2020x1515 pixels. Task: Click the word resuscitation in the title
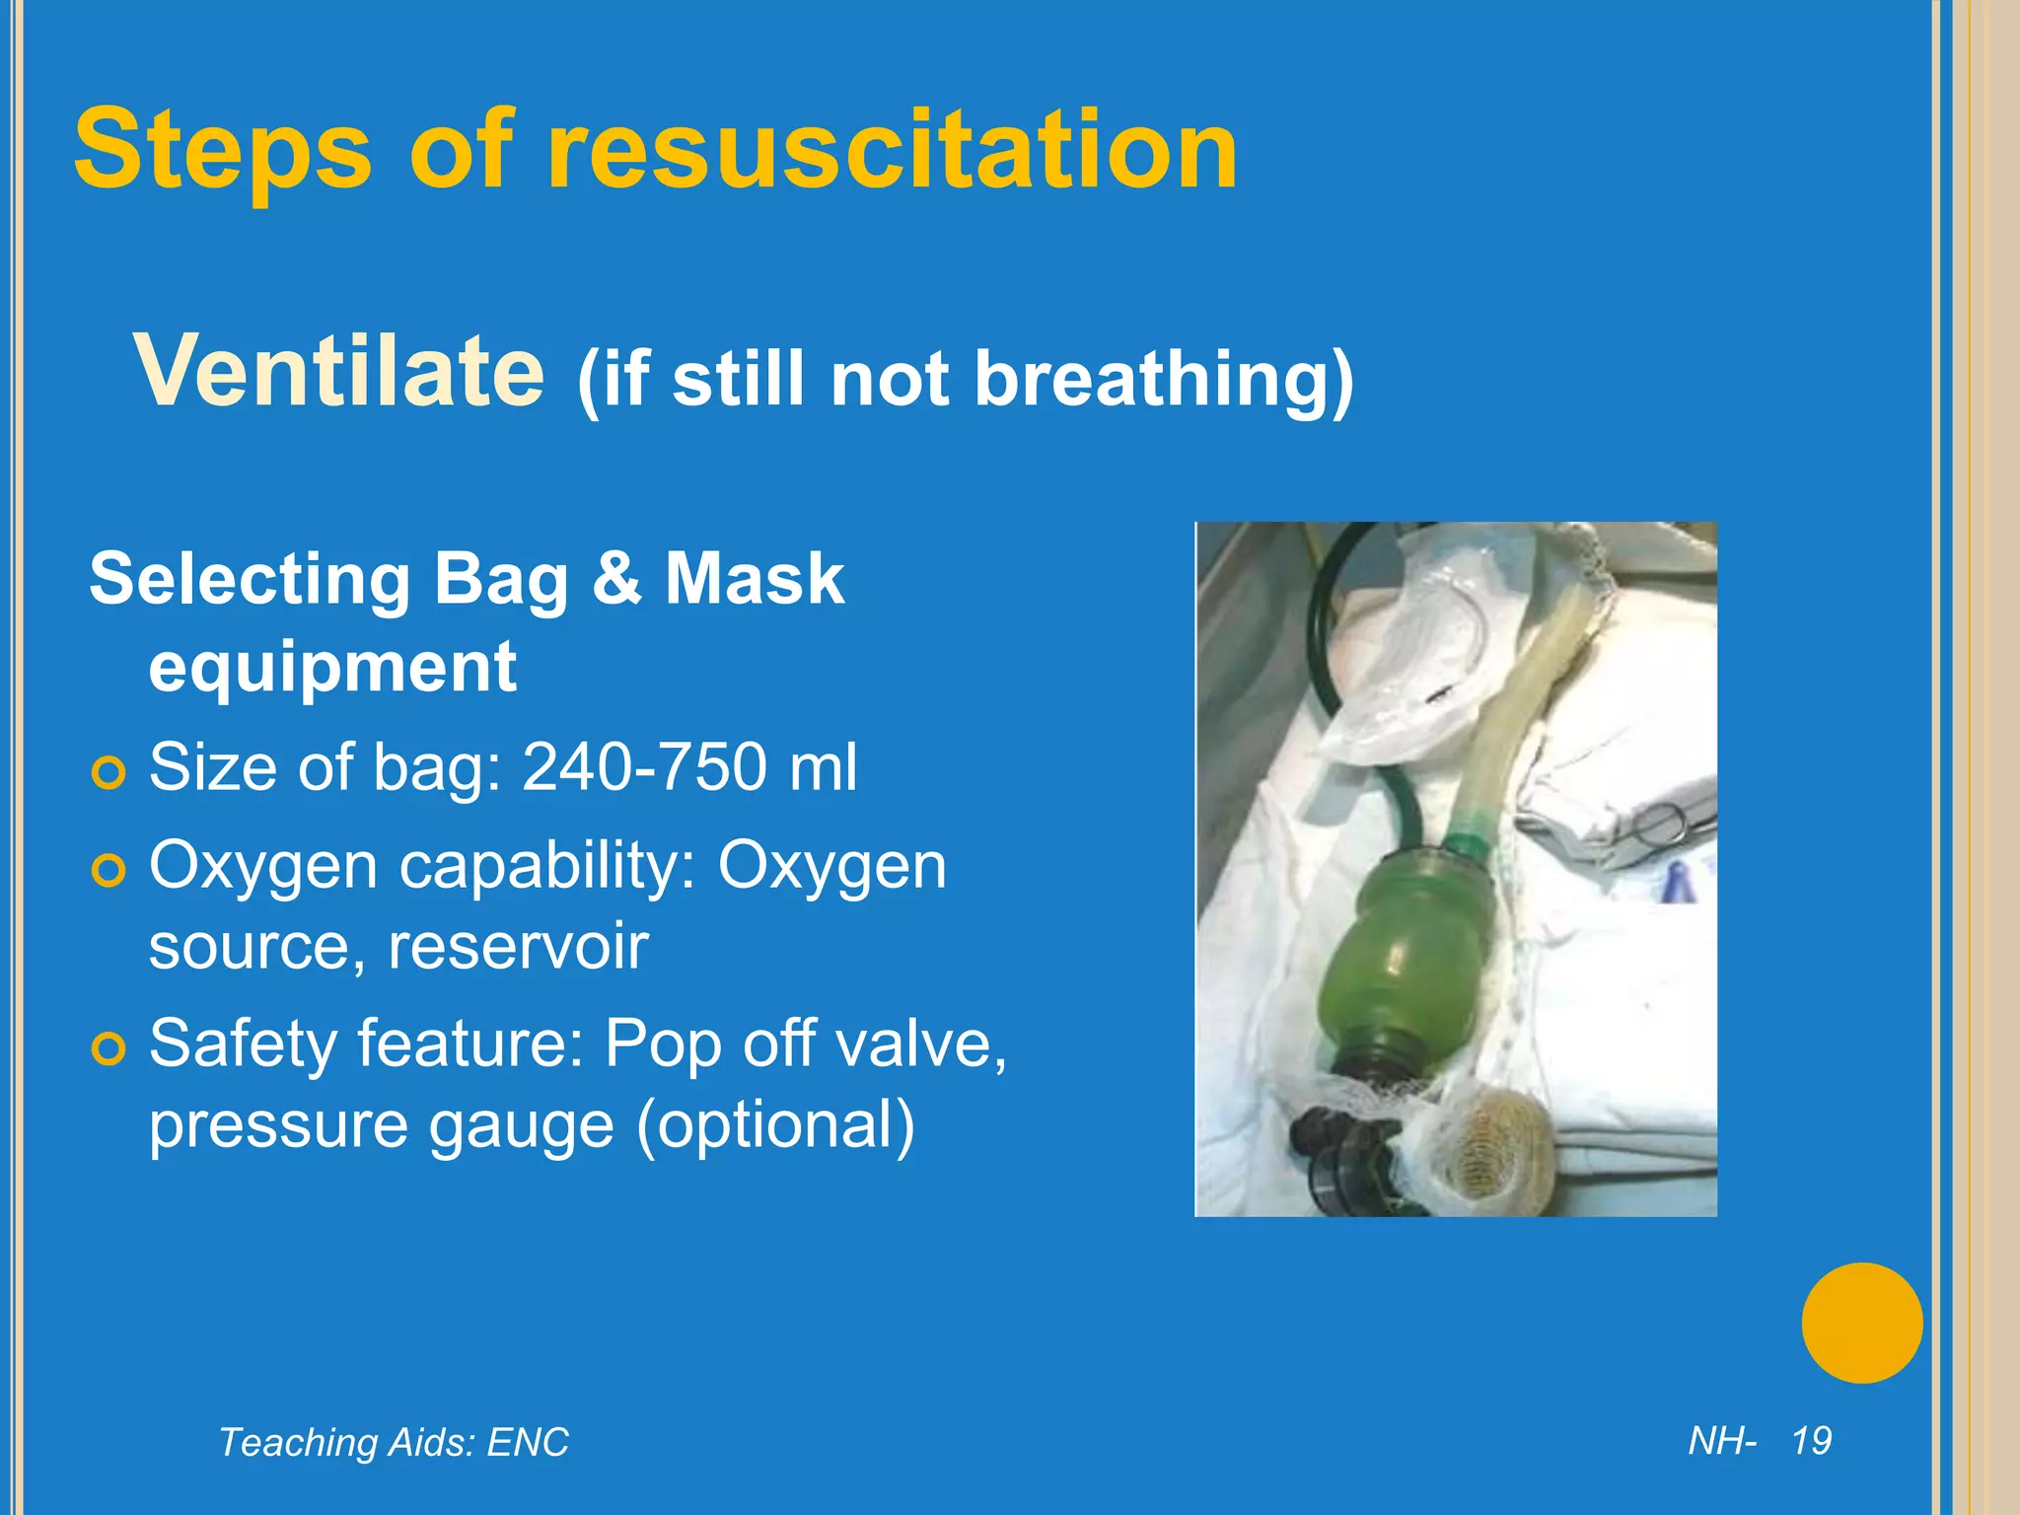893,150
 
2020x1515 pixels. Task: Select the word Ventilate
338,371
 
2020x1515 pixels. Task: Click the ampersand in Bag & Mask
616,578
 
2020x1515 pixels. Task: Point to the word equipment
332,668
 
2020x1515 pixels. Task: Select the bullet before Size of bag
108,772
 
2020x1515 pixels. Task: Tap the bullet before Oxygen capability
108,871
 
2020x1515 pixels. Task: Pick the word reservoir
518,946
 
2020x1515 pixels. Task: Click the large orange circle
1861,1323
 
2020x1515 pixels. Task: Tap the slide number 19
1811,1441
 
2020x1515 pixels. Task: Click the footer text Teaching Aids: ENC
394,1442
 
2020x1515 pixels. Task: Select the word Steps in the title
223,150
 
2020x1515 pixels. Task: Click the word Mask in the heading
755,578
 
